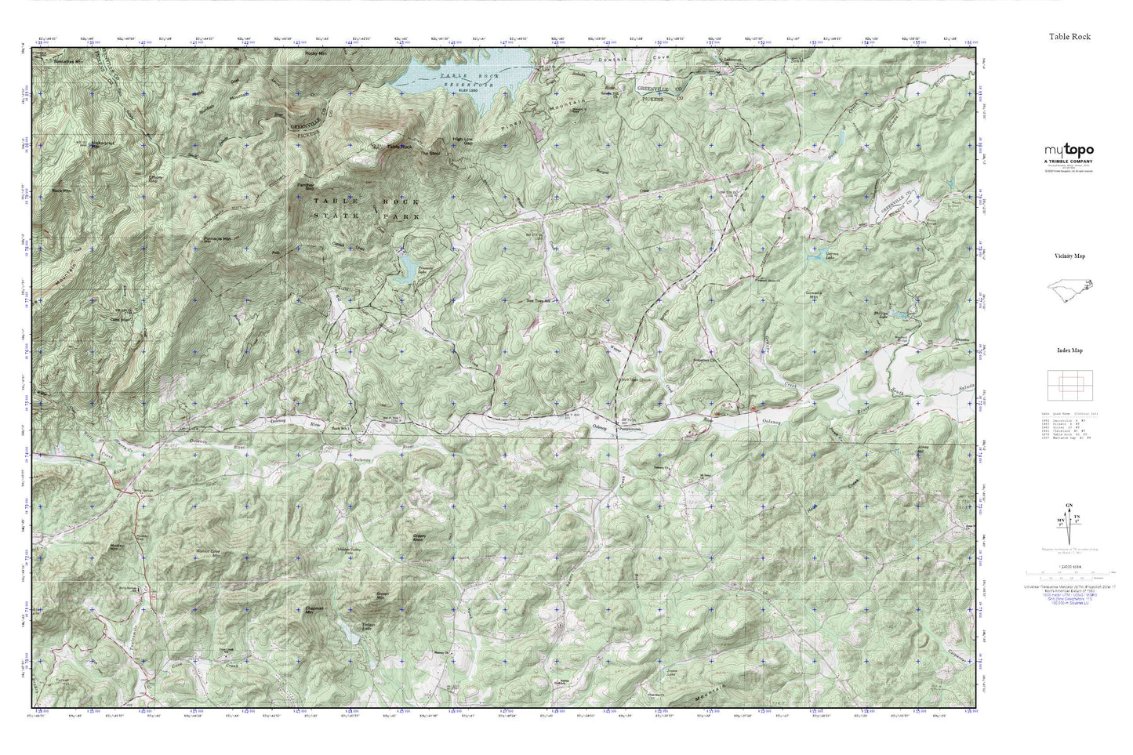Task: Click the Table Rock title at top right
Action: (x=1069, y=36)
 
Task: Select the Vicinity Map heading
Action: (x=1069, y=256)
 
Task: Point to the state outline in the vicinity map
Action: (x=1070, y=290)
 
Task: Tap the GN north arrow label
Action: (x=1069, y=506)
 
